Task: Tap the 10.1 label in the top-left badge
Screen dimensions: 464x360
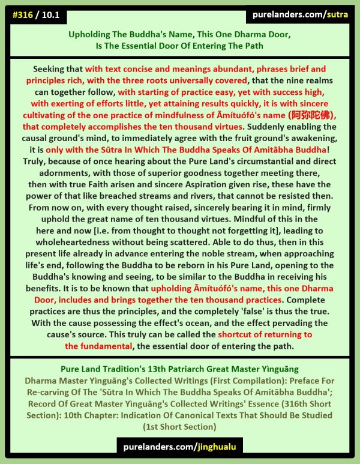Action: pyautogui.click(x=54, y=14)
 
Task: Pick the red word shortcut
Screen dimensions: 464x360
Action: pyautogui.click(x=238, y=334)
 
